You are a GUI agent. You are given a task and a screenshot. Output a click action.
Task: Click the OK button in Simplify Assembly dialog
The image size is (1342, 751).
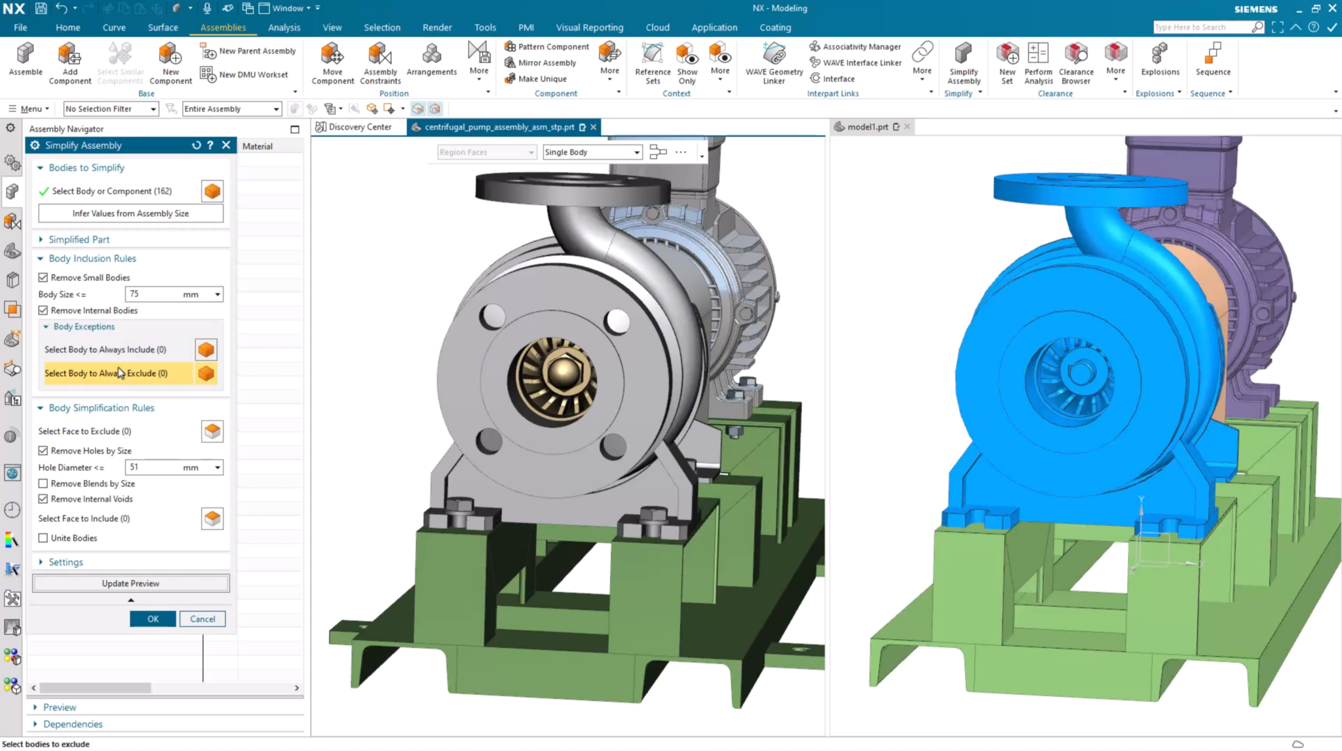coord(153,619)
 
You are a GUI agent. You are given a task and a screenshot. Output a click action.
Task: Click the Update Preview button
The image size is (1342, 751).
coord(130,583)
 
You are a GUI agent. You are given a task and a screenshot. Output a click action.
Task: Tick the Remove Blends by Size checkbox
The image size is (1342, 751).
coord(43,484)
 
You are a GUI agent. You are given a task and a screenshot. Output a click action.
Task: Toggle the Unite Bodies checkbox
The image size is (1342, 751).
coord(43,538)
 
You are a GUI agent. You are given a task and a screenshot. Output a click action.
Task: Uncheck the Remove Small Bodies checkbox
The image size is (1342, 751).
coord(43,278)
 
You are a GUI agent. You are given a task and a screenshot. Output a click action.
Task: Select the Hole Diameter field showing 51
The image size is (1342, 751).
coord(154,467)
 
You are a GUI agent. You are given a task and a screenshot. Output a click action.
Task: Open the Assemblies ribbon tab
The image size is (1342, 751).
coord(223,27)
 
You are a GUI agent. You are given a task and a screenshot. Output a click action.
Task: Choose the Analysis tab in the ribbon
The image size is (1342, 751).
coord(284,27)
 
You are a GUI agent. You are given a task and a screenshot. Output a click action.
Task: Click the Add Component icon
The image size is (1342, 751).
coord(69,63)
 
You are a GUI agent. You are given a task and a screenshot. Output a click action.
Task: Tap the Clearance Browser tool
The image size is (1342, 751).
coord(1075,63)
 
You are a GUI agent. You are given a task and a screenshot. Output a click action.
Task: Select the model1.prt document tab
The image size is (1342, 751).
coord(867,127)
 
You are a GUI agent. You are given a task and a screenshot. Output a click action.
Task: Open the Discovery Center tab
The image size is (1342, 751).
coord(359,127)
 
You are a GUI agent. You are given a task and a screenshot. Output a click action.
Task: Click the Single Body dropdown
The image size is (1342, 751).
coord(592,153)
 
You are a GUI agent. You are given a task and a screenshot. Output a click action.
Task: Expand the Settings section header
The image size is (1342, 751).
coord(66,562)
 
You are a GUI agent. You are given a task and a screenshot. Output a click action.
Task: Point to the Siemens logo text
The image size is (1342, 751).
coord(1256,9)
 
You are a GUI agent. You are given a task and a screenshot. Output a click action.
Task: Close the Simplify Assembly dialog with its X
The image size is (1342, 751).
coord(226,145)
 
